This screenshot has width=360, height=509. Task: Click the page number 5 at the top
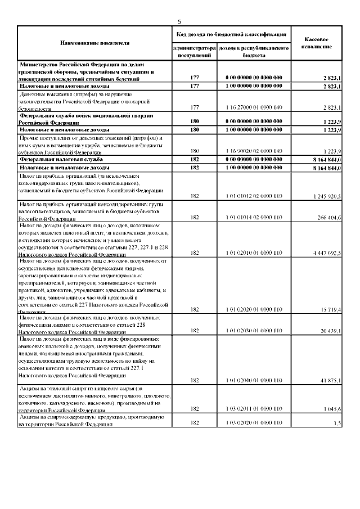[x=179, y=22]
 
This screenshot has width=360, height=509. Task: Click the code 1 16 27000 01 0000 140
[x=254, y=107]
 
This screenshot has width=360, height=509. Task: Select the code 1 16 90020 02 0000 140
[x=254, y=151]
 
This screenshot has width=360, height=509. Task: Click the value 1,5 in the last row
[x=336, y=423]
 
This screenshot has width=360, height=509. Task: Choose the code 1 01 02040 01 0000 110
[x=254, y=381]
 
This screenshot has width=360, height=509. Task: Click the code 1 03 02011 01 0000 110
[x=254, y=410]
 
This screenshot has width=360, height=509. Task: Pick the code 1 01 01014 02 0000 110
[x=254, y=217]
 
